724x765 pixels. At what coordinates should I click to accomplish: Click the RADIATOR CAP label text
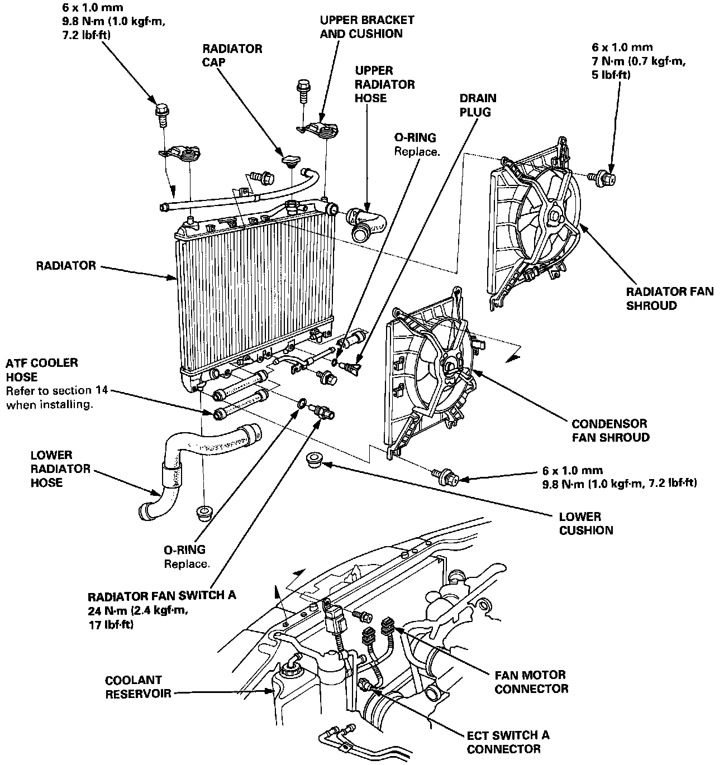pyautogui.click(x=232, y=55)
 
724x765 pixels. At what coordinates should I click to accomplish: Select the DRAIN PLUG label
pyautogui.click(x=478, y=105)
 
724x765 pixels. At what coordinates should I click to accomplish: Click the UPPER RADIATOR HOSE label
pyautogui.click(x=385, y=84)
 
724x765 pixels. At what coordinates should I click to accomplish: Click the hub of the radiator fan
pyautogui.click(x=554, y=216)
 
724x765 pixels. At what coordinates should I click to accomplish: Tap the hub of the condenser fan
pyautogui.click(x=450, y=367)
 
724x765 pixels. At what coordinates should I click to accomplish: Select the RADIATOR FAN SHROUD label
pyautogui.click(x=669, y=298)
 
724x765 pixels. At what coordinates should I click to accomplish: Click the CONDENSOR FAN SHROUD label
pyautogui.click(x=610, y=431)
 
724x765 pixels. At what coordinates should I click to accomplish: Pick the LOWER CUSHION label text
pyautogui.click(x=586, y=523)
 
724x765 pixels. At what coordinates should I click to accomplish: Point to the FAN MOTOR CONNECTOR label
pyautogui.click(x=531, y=682)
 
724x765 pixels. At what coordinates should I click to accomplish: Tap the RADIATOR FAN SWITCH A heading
pyautogui.click(x=162, y=595)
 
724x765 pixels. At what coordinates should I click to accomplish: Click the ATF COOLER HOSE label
pyautogui.click(x=41, y=370)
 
